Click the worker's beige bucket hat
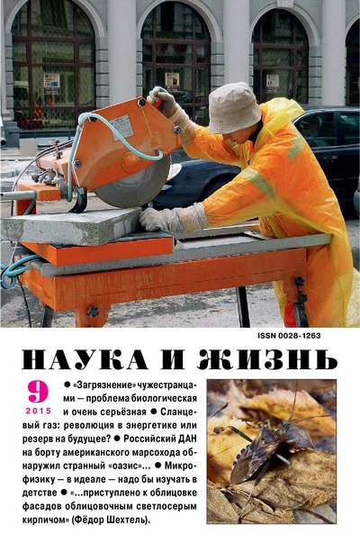[234, 108]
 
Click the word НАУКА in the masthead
[85, 359]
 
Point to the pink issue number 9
[38, 392]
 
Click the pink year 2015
[39, 411]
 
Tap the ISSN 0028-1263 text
[289, 336]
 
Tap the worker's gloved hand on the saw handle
[163, 102]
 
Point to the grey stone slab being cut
[70, 226]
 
